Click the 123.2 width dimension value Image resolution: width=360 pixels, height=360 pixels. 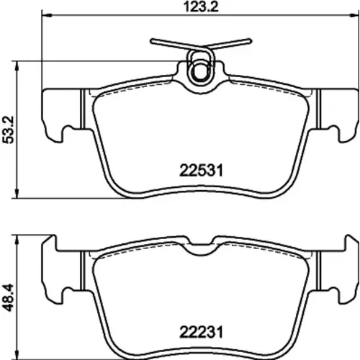click(x=201, y=6)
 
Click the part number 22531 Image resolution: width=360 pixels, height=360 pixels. click(x=202, y=171)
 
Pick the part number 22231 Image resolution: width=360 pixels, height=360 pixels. click(x=202, y=332)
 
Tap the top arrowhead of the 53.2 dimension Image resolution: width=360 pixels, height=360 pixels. click(x=17, y=66)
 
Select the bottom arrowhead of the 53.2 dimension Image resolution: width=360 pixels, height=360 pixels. click(x=17, y=193)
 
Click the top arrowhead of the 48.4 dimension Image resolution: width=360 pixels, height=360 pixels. click(x=17, y=240)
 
